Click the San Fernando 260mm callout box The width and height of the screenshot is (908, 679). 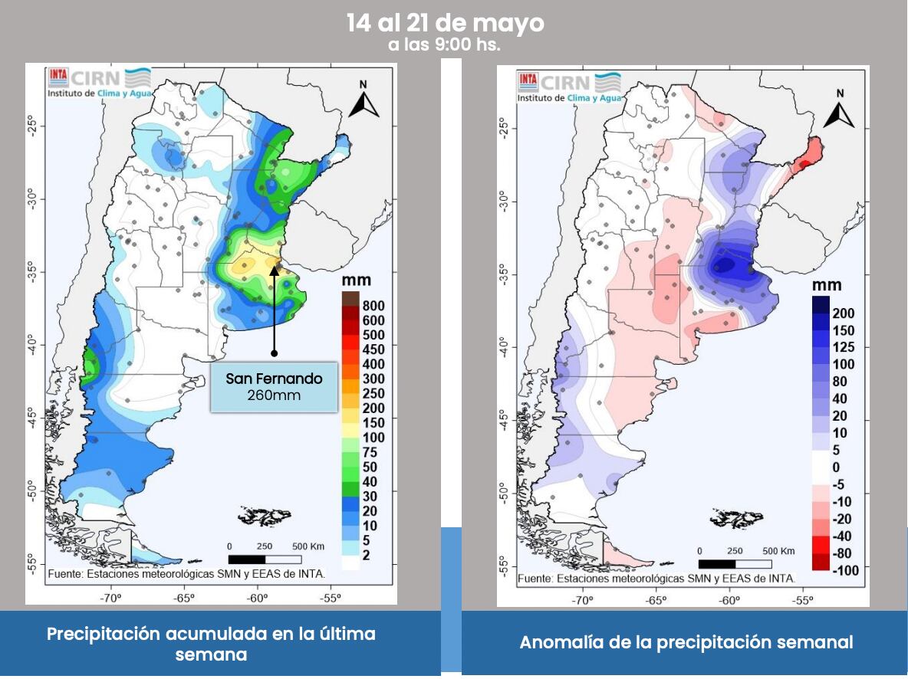click(274, 387)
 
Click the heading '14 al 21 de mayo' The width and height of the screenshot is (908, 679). click(445, 23)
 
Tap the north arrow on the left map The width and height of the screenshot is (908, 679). click(364, 100)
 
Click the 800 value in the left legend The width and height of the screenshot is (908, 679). click(374, 305)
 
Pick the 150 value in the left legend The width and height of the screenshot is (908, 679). click(374, 422)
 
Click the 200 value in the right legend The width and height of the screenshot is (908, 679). click(844, 313)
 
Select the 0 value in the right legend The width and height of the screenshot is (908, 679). click(837, 467)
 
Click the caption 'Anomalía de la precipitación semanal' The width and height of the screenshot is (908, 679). click(686, 642)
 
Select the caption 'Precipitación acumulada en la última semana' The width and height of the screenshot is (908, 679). click(211, 644)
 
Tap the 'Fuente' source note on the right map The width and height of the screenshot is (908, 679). click(656, 579)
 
